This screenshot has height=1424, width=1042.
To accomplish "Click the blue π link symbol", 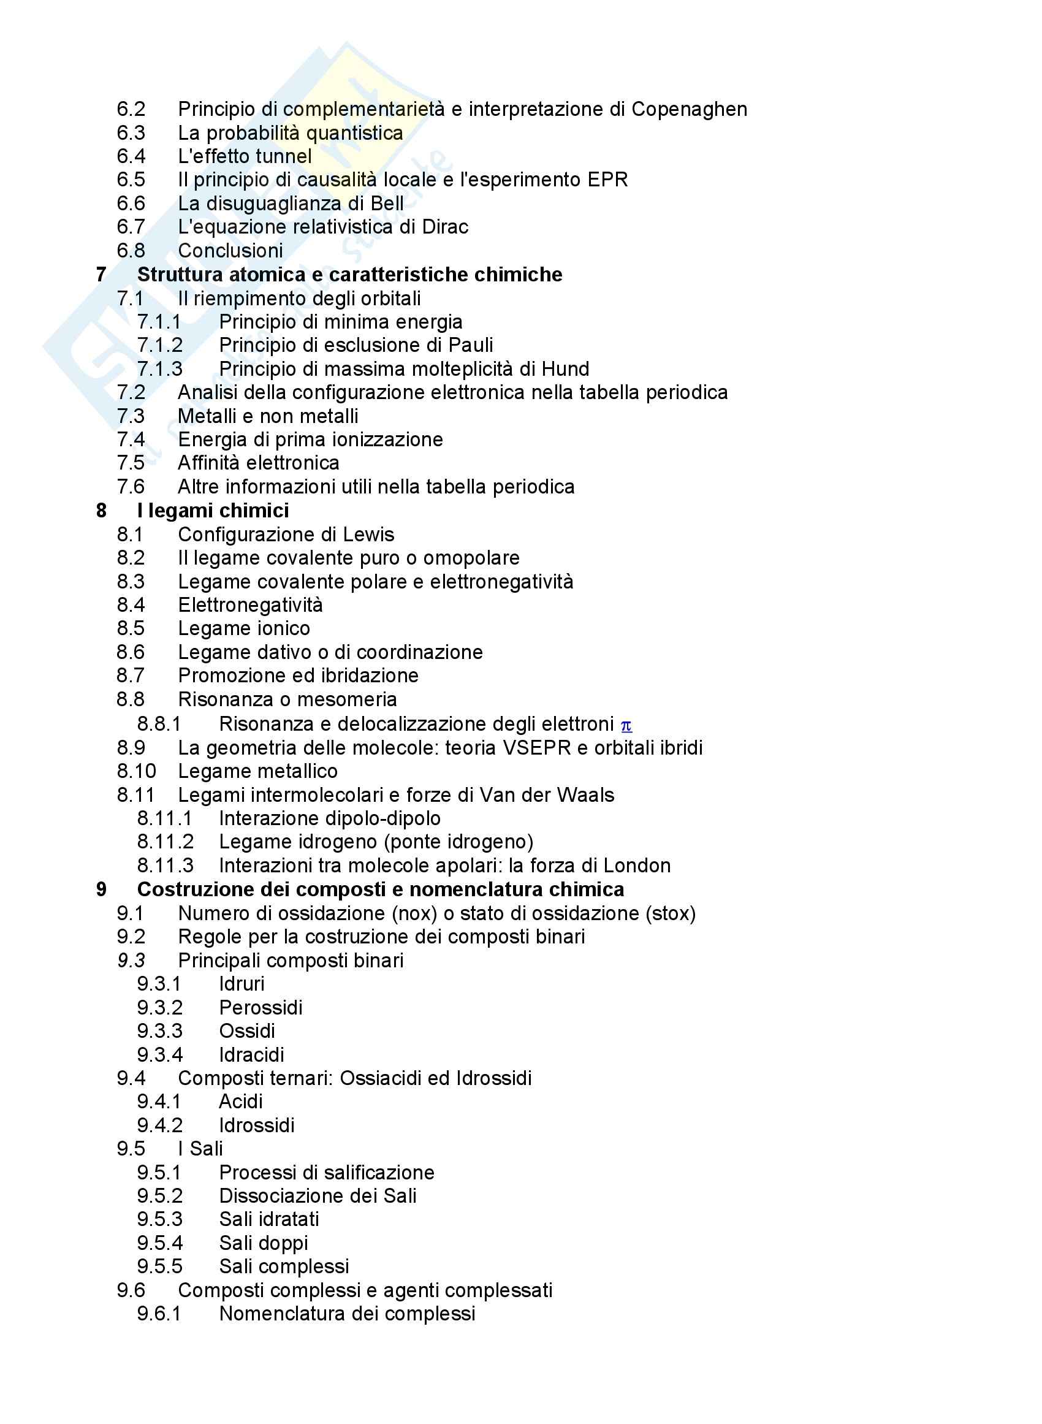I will click(x=626, y=726).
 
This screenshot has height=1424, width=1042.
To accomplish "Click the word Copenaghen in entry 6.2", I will click(x=689, y=109).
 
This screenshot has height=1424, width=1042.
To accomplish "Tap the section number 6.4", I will click(x=131, y=156).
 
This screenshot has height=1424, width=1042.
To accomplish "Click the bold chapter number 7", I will click(x=102, y=275).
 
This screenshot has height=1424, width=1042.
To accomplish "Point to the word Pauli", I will click(x=471, y=345).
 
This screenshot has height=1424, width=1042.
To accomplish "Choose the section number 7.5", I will click(x=131, y=463).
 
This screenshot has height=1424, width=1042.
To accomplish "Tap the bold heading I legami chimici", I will click(x=213, y=510).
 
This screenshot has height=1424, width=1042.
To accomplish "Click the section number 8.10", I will click(x=136, y=771).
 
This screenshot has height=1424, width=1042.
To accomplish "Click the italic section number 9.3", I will click(x=131, y=961).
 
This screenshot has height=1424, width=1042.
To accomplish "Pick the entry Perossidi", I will click(x=260, y=1008).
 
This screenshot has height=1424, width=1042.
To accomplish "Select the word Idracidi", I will click(x=251, y=1055).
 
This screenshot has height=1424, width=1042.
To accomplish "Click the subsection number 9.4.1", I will click(x=159, y=1102).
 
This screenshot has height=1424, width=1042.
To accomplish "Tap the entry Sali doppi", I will click(x=264, y=1243).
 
